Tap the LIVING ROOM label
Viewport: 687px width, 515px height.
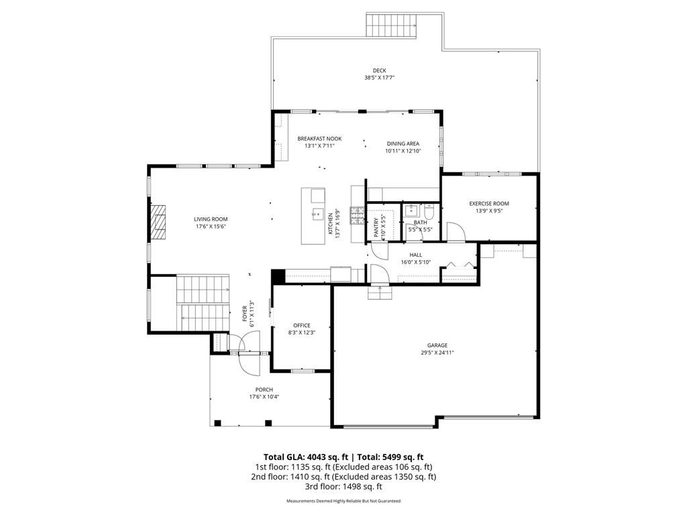(x=211, y=219)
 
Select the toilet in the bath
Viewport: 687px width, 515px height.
(x=431, y=214)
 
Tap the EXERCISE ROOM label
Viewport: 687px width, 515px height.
(x=488, y=203)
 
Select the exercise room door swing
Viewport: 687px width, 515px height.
(x=456, y=232)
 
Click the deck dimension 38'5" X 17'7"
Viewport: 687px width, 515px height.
(x=379, y=78)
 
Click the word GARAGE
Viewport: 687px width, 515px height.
(x=437, y=345)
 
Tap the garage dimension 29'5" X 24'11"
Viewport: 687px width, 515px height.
(x=437, y=353)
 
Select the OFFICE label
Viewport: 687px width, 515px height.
(x=301, y=325)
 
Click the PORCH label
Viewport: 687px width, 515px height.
(x=264, y=390)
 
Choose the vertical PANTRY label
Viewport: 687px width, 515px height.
(x=376, y=228)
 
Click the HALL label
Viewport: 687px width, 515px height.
(x=415, y=255)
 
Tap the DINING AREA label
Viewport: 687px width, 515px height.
(x=403, y=144)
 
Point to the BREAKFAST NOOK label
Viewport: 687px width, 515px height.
(x=319, y=138)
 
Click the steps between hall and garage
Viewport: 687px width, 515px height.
(x=380, y=293)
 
